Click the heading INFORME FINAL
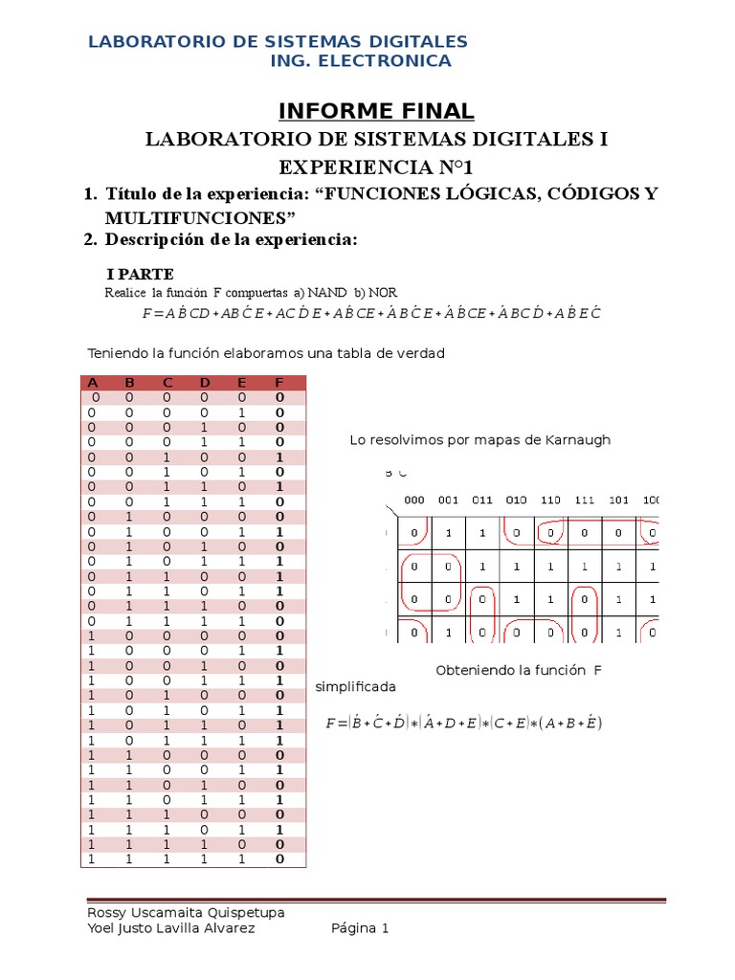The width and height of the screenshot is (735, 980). [376, 111]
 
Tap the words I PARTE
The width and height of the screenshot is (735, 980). [139, 275]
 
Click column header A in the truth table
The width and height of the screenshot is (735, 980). [93, 383]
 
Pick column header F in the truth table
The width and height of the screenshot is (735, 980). [279, 383]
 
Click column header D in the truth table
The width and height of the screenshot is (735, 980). [205, 383]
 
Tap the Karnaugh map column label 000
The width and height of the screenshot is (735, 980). [414, 501]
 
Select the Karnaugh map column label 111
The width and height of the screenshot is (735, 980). [583, 501]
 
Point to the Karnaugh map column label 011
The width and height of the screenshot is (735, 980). [481, 501]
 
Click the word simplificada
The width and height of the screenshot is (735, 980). [355, 687]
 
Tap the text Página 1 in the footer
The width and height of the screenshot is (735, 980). [360, 928]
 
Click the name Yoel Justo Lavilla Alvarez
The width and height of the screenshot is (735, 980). [171, 928]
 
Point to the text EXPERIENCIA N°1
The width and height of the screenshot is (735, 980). [376, 167]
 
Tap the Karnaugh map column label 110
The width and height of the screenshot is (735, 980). [549, 501]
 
